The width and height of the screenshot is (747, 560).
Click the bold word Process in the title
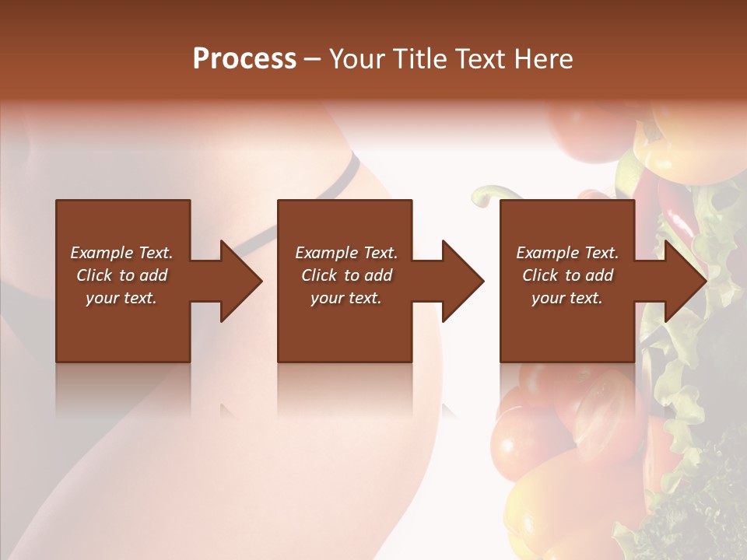click(244, 59)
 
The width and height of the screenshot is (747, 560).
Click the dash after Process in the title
click(313, 60)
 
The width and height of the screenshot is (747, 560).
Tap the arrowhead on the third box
click(684, 281)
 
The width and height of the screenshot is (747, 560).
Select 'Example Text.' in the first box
click(121, 253)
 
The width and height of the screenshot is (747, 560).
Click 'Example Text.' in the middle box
click(346, 253)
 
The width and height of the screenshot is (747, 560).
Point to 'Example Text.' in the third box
click(567, 253)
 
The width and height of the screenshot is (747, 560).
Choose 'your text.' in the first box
click(121, 298)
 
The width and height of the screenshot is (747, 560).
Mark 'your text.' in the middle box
click(346, 298)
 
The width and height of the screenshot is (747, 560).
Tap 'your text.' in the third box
click(567, 298)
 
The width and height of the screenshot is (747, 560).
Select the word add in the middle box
click(378, 275)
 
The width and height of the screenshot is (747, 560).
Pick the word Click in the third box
click(542, 275)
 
